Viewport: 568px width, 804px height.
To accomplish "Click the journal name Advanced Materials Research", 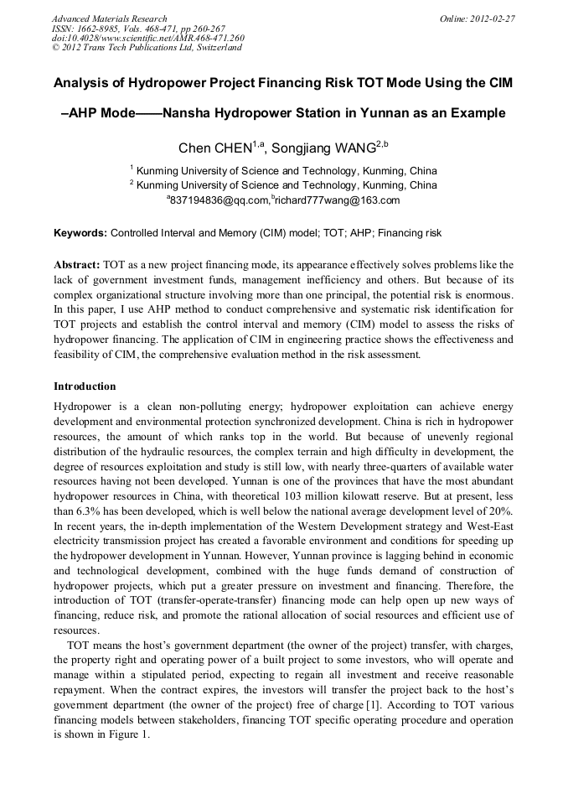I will (109, 18).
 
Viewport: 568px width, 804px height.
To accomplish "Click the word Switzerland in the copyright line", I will (217, 48).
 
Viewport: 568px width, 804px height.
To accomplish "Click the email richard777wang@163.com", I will (336, 200).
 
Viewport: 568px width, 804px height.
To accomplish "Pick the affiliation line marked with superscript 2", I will (283, 184).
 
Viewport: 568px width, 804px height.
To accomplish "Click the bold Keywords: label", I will (80, 232).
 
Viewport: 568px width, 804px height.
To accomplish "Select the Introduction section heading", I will (85, 386).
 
